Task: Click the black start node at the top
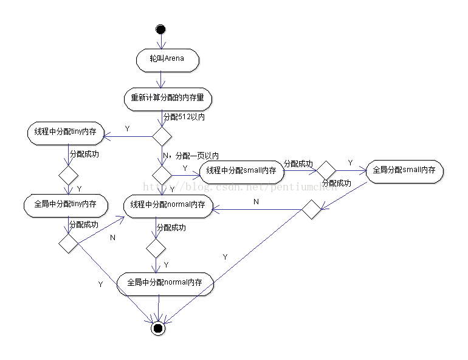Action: tap(160, 29)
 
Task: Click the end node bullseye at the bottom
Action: tap(159, 328)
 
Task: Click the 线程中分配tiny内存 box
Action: tap(66, 132)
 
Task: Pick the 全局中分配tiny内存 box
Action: tap(66, 204)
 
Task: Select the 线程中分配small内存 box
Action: tap(241, 171)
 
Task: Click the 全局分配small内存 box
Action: tap(404, 170)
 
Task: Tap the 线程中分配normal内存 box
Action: tap(168, 206)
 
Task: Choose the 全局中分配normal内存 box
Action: tap(165, 283)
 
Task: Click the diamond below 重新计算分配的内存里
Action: tap(162, 136)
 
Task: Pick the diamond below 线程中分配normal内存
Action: tap(156, 247)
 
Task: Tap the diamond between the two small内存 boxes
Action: tap(326, 171)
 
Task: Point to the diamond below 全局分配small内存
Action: tap(312, 210)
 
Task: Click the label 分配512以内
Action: tap(184, 117)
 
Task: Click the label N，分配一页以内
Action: tap(191, 156)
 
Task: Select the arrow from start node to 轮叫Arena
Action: tap(160, 43)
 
